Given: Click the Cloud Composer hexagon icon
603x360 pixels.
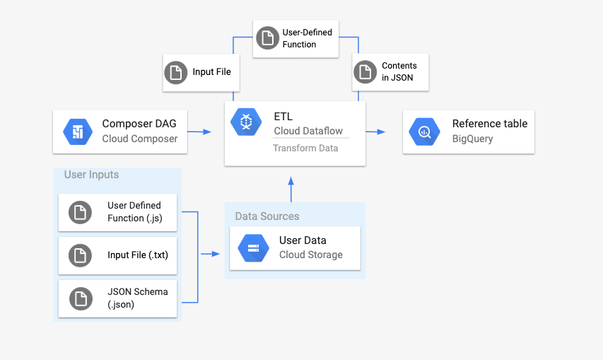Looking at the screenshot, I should (77, 132).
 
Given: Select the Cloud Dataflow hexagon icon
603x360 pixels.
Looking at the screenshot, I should (247, 123).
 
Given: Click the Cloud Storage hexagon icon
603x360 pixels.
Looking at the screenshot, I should (252, 248).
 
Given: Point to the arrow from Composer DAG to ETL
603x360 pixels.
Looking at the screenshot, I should (201, 132).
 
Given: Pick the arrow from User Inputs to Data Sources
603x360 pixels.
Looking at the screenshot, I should (209, 254).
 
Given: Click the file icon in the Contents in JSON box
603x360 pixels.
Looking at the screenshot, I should (365, 71).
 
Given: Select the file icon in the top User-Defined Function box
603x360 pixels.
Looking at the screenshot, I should (267, 38).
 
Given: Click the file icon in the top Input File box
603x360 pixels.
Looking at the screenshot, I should (175, 72).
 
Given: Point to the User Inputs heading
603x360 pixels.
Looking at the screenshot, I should (91, 175).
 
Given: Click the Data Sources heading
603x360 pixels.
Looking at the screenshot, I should (267, 216).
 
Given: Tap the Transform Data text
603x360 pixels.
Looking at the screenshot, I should (305, 148).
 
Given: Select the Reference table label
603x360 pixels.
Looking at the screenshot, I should (489, 124).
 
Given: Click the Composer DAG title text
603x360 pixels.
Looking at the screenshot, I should (139, 124).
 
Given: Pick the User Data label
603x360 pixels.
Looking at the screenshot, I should (303, 240).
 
